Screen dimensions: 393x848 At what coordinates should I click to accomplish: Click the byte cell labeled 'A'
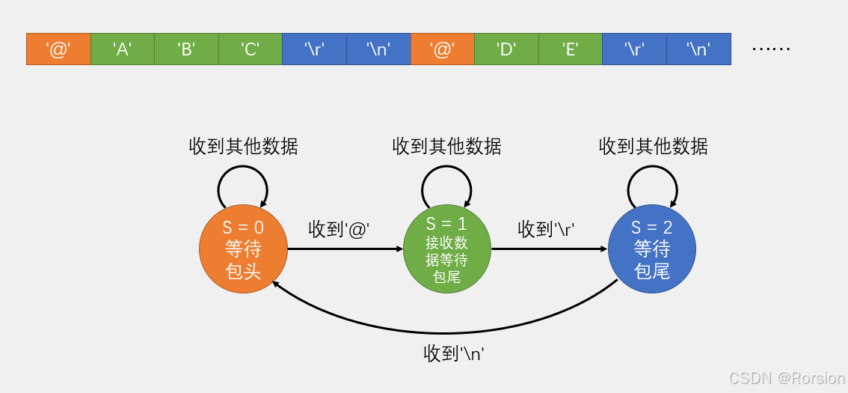(x=123, y=49)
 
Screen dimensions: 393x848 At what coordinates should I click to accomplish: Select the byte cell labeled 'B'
(x=186, y=49)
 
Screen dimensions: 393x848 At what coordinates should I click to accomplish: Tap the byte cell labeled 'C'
(x=251, y=49)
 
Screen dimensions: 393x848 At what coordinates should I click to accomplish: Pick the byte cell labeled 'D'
(x=506, y=49)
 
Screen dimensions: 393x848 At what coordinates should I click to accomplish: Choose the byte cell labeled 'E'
(x=570, y=49)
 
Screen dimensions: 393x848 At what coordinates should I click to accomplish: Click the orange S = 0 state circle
(x=243, y=249)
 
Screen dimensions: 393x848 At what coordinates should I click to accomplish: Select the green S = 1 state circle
(x=447, y=249)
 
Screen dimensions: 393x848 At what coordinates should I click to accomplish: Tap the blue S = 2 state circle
(x=651, y=249)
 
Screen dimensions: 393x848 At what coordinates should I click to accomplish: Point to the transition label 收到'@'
(x=339, y=229)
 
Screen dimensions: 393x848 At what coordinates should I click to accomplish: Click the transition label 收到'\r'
(x=546, y=229)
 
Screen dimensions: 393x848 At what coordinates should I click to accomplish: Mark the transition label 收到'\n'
(x=454, y=353)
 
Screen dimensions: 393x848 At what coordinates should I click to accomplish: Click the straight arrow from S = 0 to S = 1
(x=344, y=249)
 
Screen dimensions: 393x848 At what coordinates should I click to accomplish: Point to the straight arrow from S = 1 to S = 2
(x=550, y=249)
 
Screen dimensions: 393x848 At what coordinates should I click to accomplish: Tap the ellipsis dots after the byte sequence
(x=770, y=49)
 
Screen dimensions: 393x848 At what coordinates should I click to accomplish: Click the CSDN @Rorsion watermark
(x=787, y=378)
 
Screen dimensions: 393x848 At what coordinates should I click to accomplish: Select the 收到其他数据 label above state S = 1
(x=446, y=146)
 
